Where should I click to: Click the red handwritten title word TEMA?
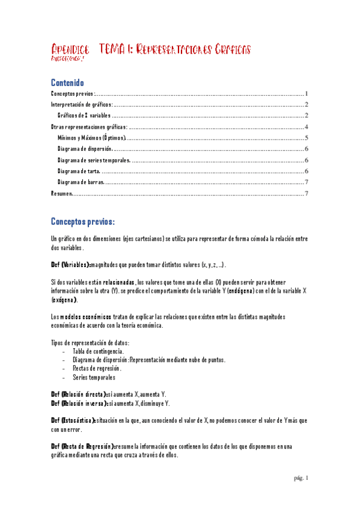coord(112,48)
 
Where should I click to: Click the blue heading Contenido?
coord(67,82)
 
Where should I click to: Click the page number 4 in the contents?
coord(307,127)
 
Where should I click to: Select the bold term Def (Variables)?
coord(72,265)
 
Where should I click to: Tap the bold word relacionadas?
coord(109,282)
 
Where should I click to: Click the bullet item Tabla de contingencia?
coord(99,351)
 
